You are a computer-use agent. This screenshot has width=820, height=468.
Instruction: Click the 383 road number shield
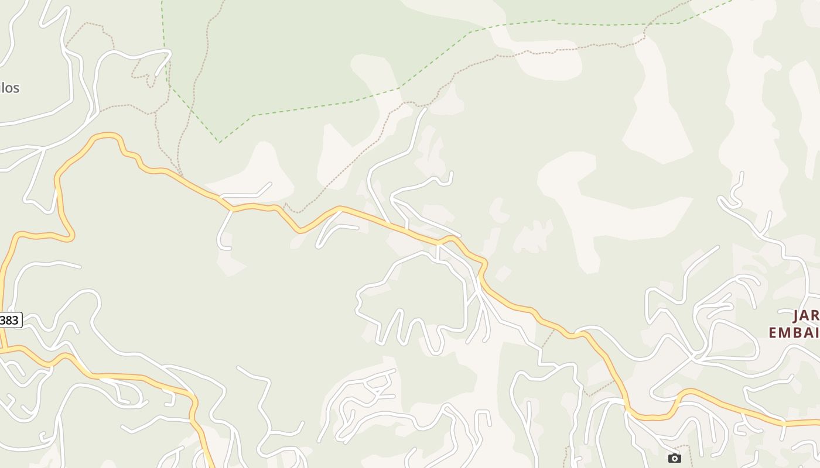point(10,320)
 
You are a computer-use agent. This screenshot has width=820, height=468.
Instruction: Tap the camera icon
point(675,458)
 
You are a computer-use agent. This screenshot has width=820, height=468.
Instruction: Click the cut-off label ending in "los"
point(9,88)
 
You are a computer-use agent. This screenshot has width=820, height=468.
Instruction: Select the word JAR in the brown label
point(807,316)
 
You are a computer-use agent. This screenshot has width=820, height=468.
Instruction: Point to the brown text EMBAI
point(794,333)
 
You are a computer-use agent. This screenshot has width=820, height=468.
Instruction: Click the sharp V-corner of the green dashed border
point(220,142)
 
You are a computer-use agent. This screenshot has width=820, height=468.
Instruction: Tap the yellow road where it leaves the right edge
point(818,422)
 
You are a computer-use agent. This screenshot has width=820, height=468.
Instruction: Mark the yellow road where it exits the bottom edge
point(210,466)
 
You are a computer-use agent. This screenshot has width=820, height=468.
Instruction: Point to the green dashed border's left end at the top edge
point(162,2)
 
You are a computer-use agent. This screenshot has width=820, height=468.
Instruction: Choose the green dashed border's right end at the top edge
point(732,2)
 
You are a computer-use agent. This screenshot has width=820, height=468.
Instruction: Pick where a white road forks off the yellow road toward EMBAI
point(578,333)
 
